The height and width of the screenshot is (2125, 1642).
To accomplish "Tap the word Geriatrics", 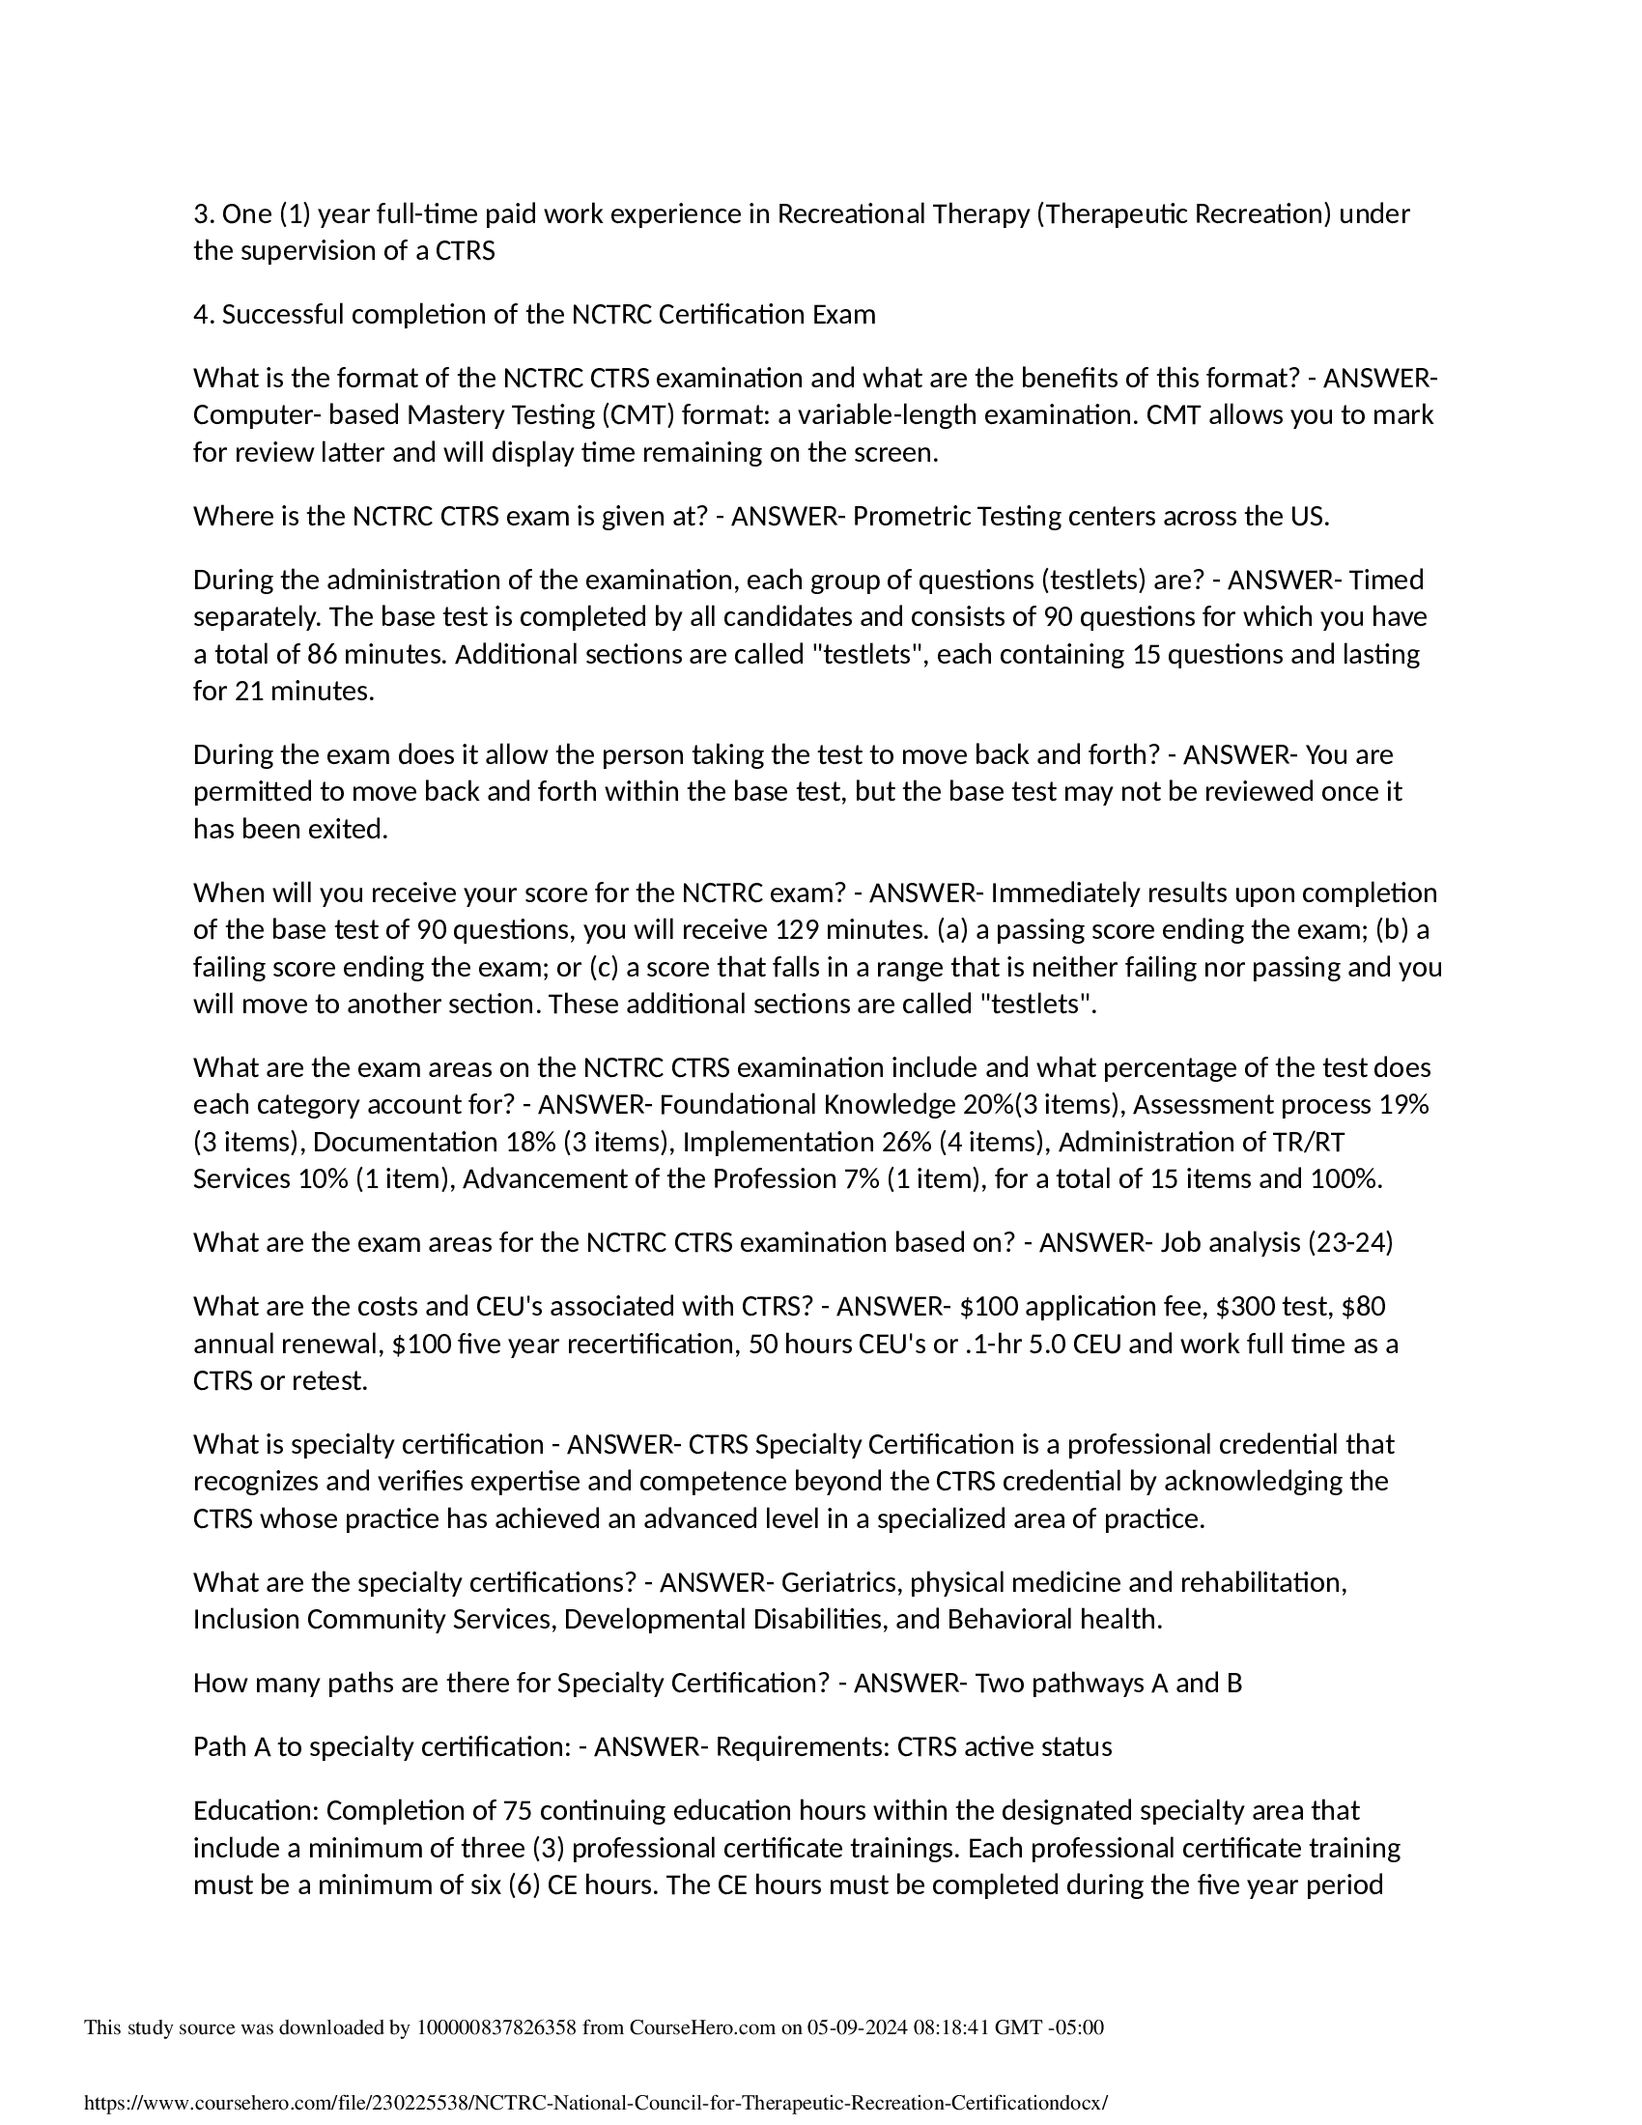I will pos(839,1583).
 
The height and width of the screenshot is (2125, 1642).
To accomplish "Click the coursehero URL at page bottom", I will pos(596,2103).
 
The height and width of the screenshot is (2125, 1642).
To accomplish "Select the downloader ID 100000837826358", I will pos(496,2027).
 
